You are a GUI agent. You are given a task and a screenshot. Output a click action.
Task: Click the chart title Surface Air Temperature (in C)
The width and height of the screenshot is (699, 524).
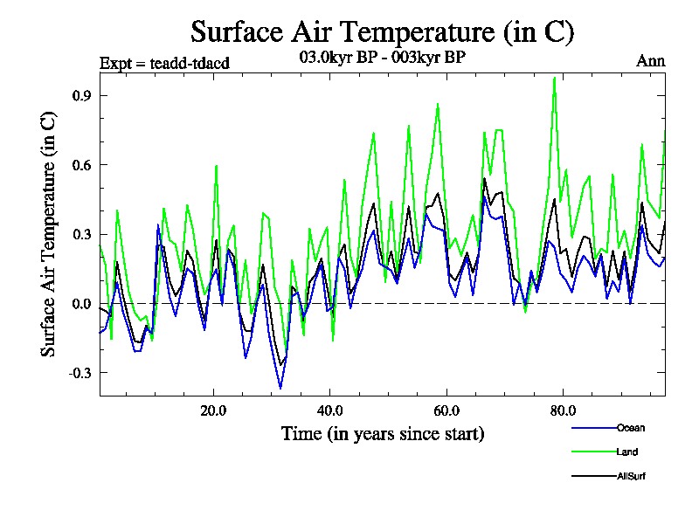pos(382,32)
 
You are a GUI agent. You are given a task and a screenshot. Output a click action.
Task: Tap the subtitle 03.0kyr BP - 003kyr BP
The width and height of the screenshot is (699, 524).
pos(382,59)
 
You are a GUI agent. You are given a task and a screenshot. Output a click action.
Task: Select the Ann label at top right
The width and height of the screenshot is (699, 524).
pos(651,62)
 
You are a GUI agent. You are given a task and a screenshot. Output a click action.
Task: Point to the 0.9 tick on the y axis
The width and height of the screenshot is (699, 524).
pos(81,95)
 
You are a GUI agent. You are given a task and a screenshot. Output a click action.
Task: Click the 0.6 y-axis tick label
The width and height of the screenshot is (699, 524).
pos(81,164)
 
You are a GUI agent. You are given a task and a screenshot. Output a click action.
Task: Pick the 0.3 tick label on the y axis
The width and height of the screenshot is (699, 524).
pos(81,234)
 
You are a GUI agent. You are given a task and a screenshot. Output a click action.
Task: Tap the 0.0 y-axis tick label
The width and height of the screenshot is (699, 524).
pos(81,303)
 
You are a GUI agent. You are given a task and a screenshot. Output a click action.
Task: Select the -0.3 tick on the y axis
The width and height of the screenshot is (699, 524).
pos(79,373)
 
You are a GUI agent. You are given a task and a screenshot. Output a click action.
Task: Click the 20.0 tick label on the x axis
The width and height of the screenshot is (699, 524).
pos(214,410)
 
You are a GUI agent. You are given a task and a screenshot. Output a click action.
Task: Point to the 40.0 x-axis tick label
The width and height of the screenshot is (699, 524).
pos(330,410)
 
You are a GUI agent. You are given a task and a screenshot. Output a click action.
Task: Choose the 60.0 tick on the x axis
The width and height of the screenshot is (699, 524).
pos(446,410)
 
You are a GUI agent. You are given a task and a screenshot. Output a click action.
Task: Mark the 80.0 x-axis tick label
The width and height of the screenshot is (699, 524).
pos(563,410)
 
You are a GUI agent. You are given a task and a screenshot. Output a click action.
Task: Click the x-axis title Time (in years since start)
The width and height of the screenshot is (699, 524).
pos(383,433)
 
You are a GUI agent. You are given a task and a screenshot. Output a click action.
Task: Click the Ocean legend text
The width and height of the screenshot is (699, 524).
pos(632,428)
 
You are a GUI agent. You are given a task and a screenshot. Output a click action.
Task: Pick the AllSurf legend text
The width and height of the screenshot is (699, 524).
pos(631,476)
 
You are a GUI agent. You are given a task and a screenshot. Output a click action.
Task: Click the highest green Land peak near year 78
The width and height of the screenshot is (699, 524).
pos(554,78)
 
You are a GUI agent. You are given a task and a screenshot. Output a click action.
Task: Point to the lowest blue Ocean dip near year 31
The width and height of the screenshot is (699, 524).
pos(280,388)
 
